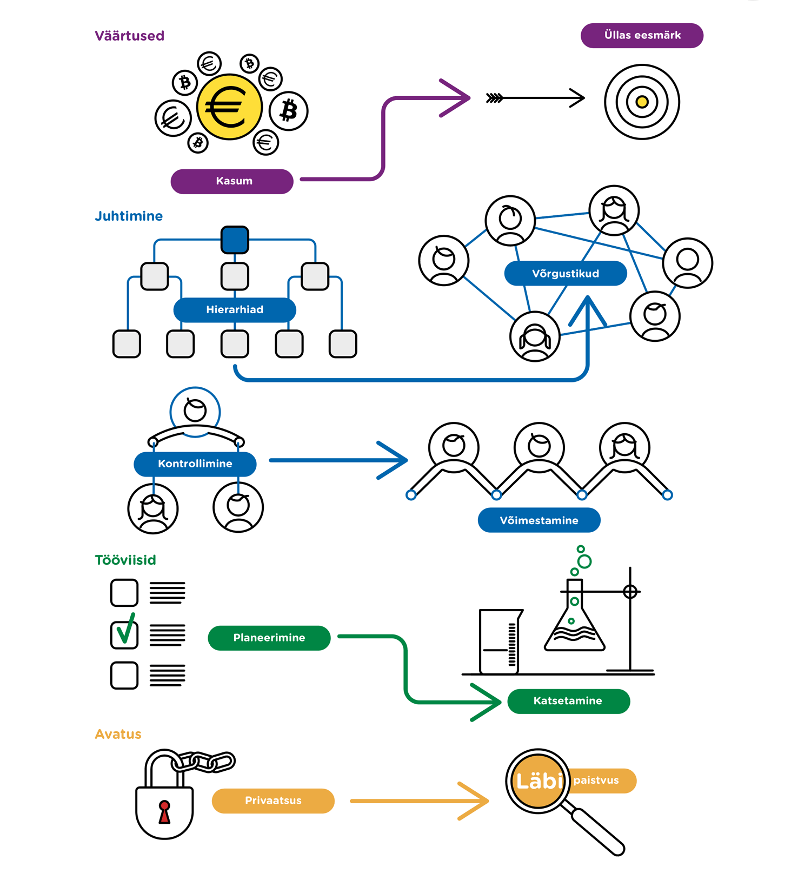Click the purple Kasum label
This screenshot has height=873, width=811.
(232, 181)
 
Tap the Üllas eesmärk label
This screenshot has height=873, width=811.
(642, 36)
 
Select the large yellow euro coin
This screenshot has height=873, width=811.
(229, 107)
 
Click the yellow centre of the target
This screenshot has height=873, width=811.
(642, 102)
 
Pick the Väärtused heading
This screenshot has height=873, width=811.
(129, 36)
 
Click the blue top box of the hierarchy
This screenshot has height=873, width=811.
(235, 240)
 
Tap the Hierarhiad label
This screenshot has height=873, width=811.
(235, 310)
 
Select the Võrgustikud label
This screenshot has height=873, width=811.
(566, 274)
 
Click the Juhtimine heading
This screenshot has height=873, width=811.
(129, 216)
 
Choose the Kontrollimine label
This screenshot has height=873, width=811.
(195, 464)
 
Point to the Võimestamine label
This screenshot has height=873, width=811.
(539, 520)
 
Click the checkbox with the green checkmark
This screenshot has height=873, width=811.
(124, 634)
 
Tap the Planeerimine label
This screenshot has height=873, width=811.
(269, 638)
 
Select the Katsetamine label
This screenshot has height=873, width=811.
(568, 701)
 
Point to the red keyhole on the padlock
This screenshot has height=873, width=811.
(164, 811)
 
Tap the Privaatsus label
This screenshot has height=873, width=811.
(273, 801)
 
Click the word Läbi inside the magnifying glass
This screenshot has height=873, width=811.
(539, 781)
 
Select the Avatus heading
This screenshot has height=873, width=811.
(118, 734)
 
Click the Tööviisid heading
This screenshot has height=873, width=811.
(125, 560)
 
